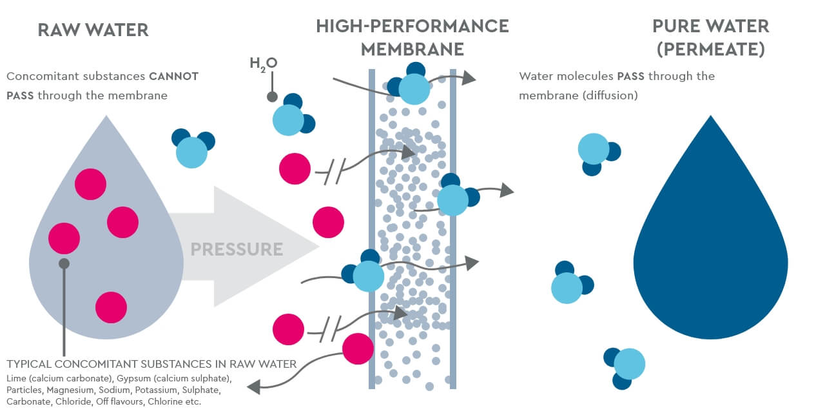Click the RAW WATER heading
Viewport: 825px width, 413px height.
(x=93, y=29)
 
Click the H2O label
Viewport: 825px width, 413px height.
(x=263, y=64)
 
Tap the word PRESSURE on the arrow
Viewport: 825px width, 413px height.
(x=237, y=249)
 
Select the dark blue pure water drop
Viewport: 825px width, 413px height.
(x=710, y=245)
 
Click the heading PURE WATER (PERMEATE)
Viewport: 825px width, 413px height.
(x=710, y=37)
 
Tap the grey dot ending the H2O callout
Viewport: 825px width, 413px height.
(x=272, y=97)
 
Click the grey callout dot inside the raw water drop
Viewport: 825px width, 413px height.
(x=64, y=263)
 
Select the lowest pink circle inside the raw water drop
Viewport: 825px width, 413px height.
(x=111, y=307)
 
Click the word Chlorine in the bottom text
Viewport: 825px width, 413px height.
(x=166, y=402)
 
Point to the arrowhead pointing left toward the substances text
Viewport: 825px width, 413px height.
(x=253, y=387)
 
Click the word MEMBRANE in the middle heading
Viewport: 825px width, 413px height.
(x=412, y=49)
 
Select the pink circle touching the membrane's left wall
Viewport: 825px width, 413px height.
(x=358, y=348)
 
